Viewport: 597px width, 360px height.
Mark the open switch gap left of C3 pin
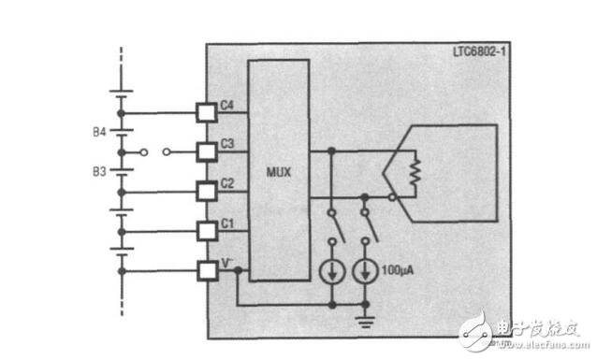(153, 151)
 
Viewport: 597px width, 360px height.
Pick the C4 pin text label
(227, 105)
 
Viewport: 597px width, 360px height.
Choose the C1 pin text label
(227, 223)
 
